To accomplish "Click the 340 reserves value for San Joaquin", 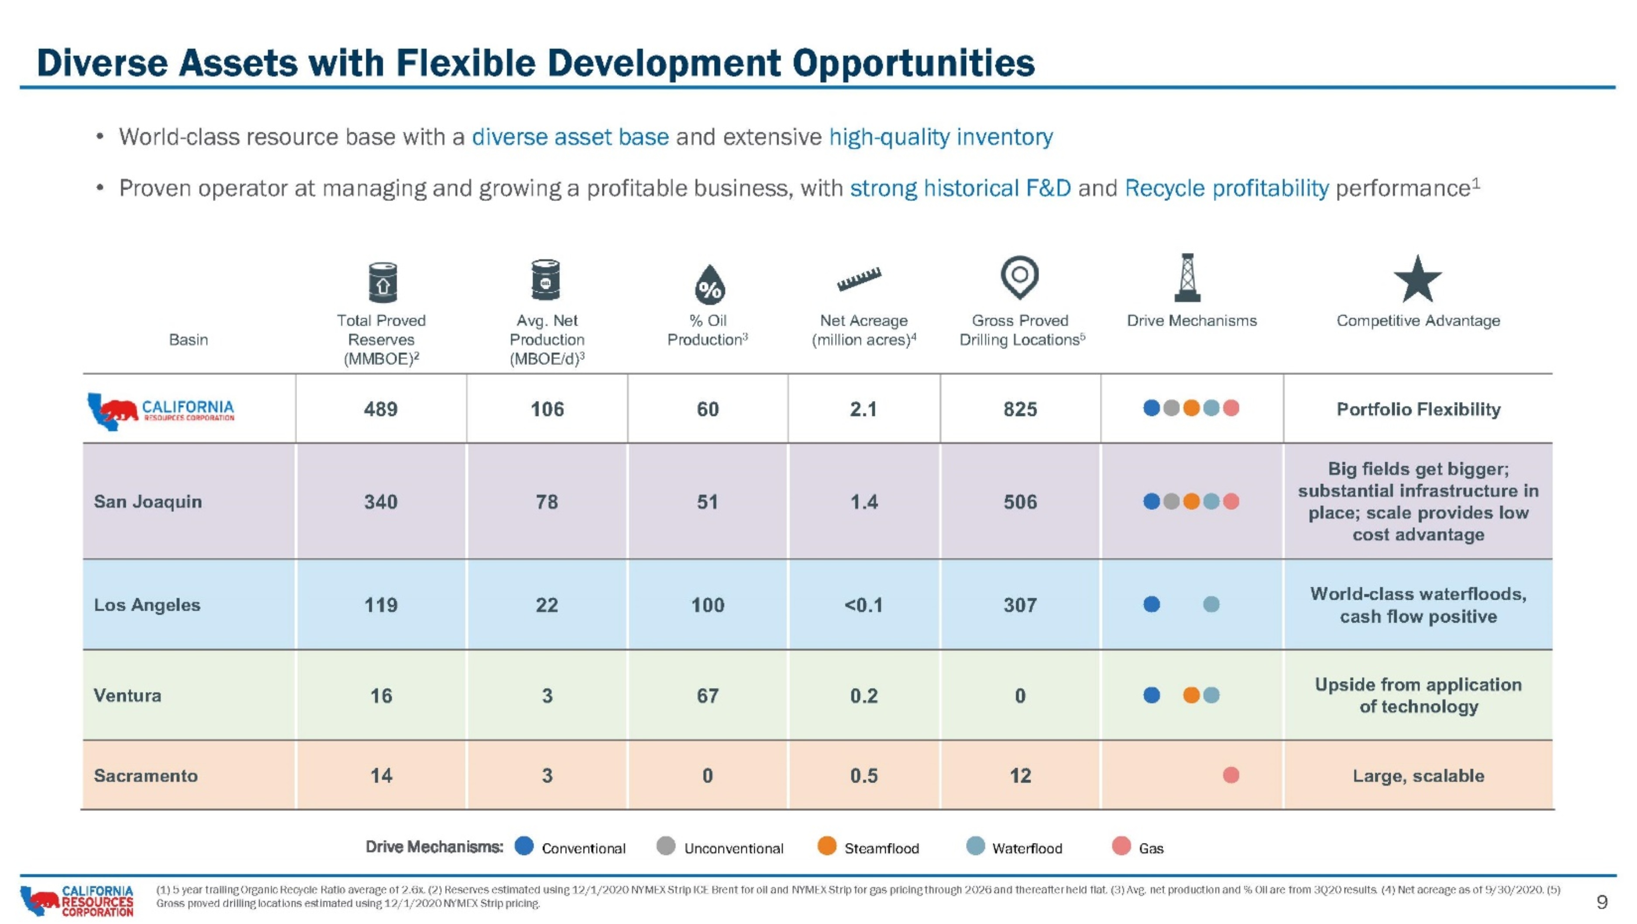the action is click(x=381, y=502).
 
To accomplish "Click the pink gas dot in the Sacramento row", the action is click(x=1231, y=775).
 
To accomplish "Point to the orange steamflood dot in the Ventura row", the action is click(x=1191, y=695).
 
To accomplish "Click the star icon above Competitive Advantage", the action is click(x=1418, y=279).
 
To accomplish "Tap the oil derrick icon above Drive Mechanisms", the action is click(x=1187, y=277).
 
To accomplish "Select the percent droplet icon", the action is click(x=710, y=284).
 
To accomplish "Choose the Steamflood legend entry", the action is click(x=868, y=847).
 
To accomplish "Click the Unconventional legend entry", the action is click(x=719, y=847).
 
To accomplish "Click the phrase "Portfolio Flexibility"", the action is click(x=1418, y=409).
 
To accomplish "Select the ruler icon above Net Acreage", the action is click(x=859, y=279).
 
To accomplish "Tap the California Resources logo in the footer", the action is click(x=77, y=901).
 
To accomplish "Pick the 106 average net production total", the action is click(x=547, y=409).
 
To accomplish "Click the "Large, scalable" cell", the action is click(x=1418, y=776).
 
